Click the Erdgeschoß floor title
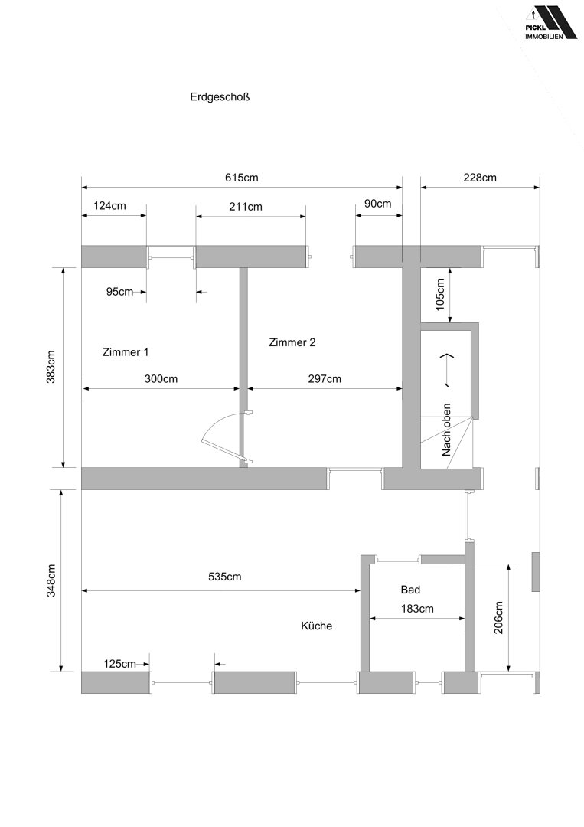[x=220, y=97]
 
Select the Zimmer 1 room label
[x=126, y=352]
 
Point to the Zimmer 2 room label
[x=292, y=342]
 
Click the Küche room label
[x=316, y=626]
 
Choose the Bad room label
[x=410, y=590]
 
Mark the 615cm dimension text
[x=242, y=178]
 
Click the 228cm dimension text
[x=480, y=178]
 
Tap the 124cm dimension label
[x=109, y=206]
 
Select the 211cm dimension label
[x=246, y=207]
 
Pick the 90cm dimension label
[x=378, y=204]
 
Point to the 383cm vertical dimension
[x=51, y=367]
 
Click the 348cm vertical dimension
[x=51, y=580]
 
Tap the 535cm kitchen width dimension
[x=224, y=577]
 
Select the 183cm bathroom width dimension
[x=417, y=609]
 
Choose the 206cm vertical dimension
[x=498, y=618]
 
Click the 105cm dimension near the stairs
[x=441, y=295]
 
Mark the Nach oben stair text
[x=446, y=430]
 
